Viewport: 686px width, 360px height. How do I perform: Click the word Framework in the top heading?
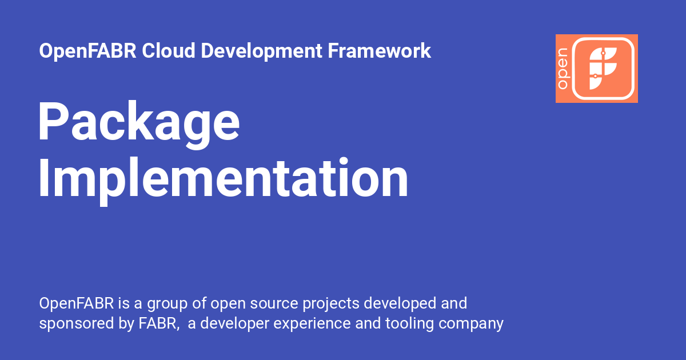pyautogui.click(x=379, y=51)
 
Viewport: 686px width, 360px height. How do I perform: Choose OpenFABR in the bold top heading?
pyautogui.click(x=87, y=51)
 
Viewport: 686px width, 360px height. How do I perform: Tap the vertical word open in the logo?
pyautogui.click(x=563, y=69)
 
